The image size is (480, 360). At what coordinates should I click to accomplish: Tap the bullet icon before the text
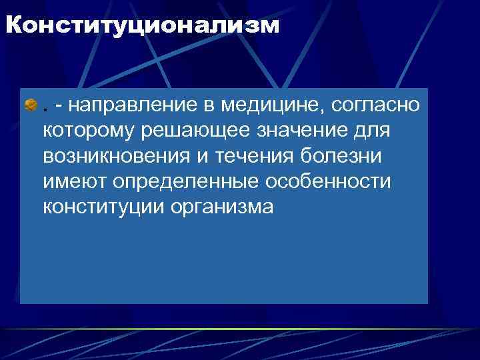(31, 105)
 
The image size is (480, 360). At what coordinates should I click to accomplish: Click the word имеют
(74, 181)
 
